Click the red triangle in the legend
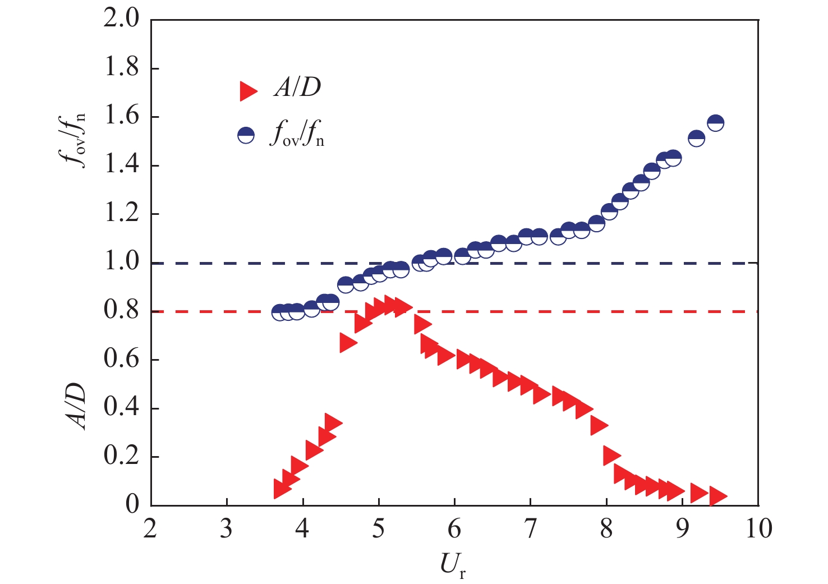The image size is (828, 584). pyautogui.click(x=248, y=90)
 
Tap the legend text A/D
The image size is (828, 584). pyautogui.click(x=297, y=88)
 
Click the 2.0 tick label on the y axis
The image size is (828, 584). pyautogui.click(x=122, y=20)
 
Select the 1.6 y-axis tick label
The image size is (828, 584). pyautogui.click(x=122, y=117)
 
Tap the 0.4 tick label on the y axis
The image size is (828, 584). pyautogui.click(x=122, y=408)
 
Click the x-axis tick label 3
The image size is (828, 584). pyautogui.click(x=227, y=529)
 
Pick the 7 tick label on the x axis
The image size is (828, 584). pyautogui.click(x=530, y=529)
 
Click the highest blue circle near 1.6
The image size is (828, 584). pyautogui.click(x=715, y=123)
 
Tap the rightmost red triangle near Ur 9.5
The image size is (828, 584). pyautogui.click(x=717, y=496)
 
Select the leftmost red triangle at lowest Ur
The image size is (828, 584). pyautogui.click(x=282, y=489)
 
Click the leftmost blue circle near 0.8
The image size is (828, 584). pyautogui.click(x=279, y=312)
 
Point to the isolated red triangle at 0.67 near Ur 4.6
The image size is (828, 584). pyautogui.click(x=348, y=343)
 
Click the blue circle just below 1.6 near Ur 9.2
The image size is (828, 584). pyautogui.click(x=696, y=139)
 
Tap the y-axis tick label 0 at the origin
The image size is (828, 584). pyautogui.click(x=132, y=504)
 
